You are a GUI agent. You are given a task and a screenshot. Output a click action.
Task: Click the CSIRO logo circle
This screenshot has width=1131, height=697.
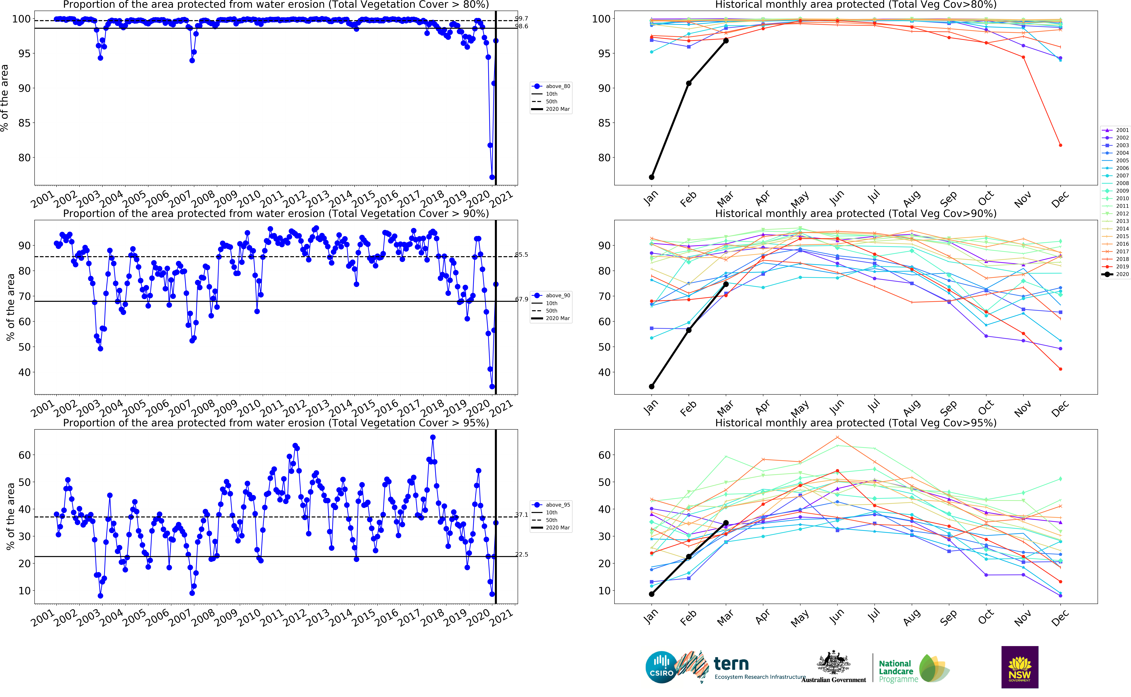point(661,667)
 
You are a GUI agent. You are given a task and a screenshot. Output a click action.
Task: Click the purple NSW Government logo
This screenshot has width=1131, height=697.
point(1020,667)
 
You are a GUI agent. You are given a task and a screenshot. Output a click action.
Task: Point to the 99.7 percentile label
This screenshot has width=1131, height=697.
point(522,18)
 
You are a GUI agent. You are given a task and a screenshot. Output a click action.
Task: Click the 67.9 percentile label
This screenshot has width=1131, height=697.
point(522,299)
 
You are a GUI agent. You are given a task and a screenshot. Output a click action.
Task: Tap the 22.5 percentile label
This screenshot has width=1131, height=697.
point(522,555)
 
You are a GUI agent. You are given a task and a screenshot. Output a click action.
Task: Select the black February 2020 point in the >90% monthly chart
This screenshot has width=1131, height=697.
point(689,330)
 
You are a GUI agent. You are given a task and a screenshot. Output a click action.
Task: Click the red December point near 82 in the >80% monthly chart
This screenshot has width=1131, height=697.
point(1061,145)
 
